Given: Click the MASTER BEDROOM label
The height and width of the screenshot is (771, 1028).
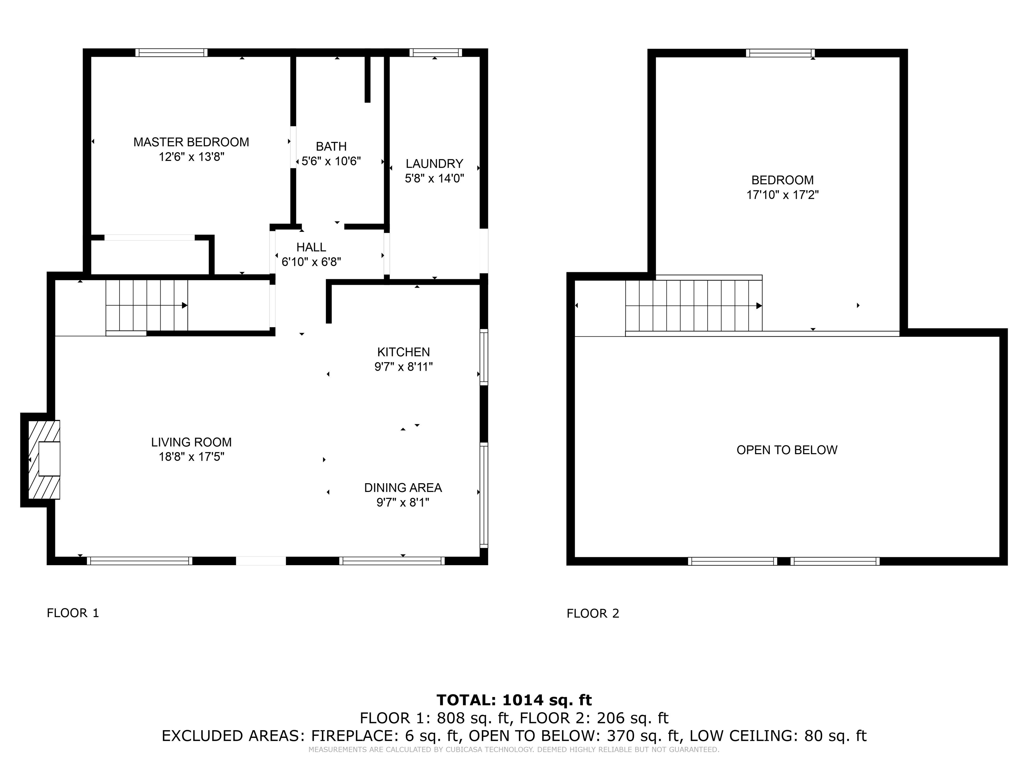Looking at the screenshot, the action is tap(191, 142).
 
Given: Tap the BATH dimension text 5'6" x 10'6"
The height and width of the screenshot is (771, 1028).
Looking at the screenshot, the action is tap(331, 161).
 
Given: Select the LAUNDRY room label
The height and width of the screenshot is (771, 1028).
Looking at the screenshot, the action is tap(435, 164).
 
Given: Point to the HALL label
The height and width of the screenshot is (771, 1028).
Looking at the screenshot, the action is tap(311, 247).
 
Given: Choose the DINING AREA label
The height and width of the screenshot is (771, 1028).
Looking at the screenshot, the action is tap(403, 488).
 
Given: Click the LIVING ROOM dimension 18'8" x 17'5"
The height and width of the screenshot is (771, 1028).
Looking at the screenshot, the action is tap(191, 457).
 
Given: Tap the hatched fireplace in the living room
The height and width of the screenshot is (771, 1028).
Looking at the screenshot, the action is tap(44, 460).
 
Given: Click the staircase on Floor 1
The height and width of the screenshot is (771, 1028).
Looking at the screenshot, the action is tap(147, 305).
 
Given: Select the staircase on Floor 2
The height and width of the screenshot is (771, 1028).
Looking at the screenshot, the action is tap(694, 305).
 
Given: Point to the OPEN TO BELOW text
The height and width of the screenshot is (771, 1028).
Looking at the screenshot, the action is tap(787, 450).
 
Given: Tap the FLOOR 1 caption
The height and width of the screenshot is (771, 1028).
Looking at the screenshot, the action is tap(73, 613).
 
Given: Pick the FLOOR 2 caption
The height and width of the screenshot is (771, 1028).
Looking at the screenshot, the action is tap(593, 613).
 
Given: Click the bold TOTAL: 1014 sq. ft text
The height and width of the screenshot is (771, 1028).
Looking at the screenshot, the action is tap(514, 700).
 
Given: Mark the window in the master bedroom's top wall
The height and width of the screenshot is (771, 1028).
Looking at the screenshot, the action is tap(171, 53).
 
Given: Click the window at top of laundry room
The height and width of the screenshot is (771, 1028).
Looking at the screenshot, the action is tap(436, 53).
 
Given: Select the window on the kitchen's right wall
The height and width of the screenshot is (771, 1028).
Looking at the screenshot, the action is tap(484, 357).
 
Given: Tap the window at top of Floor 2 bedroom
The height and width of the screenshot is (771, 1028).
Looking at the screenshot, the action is tap(780, 53).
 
